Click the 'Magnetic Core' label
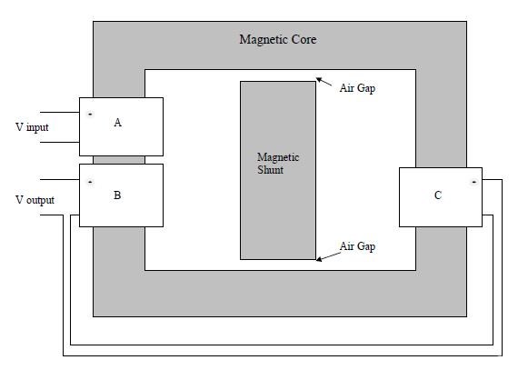pos(278,40)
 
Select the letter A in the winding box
pos(117,123)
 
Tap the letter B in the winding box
pos(117,195)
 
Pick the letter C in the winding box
pos(438,195)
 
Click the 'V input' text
pos(32,127)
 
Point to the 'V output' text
pos(35,200)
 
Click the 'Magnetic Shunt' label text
pos(278,164)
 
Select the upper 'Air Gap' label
pos(357,88)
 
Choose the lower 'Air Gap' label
pos(357,246)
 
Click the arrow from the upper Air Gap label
pos(324,82)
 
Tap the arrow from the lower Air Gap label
pos(328,256)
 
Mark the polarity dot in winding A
pos(90,114)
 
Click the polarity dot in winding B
pos(90,182)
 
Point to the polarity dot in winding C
pos(474,182)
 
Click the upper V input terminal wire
pos(60,113)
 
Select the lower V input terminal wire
pos(60,143)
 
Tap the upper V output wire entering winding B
pos(60,180)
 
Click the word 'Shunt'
pos(270,170)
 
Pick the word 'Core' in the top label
pos(304,40)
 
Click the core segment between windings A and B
pos(119,160)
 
